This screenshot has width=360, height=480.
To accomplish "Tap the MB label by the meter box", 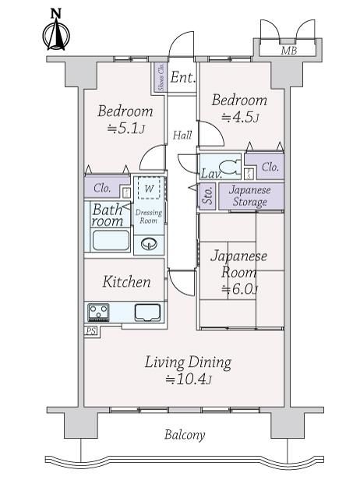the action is (x=289, y=50).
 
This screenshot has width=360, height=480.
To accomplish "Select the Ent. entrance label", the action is (x=183, y=77).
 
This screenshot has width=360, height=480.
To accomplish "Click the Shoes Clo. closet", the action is (x=161, y=76).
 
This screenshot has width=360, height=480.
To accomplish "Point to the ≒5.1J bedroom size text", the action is (x=125, y=129).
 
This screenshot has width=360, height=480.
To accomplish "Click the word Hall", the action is (x=182, y=135).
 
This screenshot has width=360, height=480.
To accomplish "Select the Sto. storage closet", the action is (x=208, y=196).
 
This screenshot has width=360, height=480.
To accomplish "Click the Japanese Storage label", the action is (x=250, y=196).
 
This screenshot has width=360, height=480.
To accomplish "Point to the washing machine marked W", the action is (x=149, y=188).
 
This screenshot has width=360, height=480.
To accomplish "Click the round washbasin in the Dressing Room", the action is (x=149, y=244).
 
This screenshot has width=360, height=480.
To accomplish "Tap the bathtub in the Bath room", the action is (x=111, y=240).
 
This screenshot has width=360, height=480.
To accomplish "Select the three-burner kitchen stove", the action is (x=98, y=312).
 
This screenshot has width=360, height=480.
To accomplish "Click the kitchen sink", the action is (x=147, y=312).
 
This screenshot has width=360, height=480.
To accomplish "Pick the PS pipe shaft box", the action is (x=90, y=331).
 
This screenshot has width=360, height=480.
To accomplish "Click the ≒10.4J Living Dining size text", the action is (x=189, y=379).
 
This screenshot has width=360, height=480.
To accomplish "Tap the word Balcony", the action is (x=185, y=435).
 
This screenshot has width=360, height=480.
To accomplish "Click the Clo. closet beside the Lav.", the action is (x=265, y=166).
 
